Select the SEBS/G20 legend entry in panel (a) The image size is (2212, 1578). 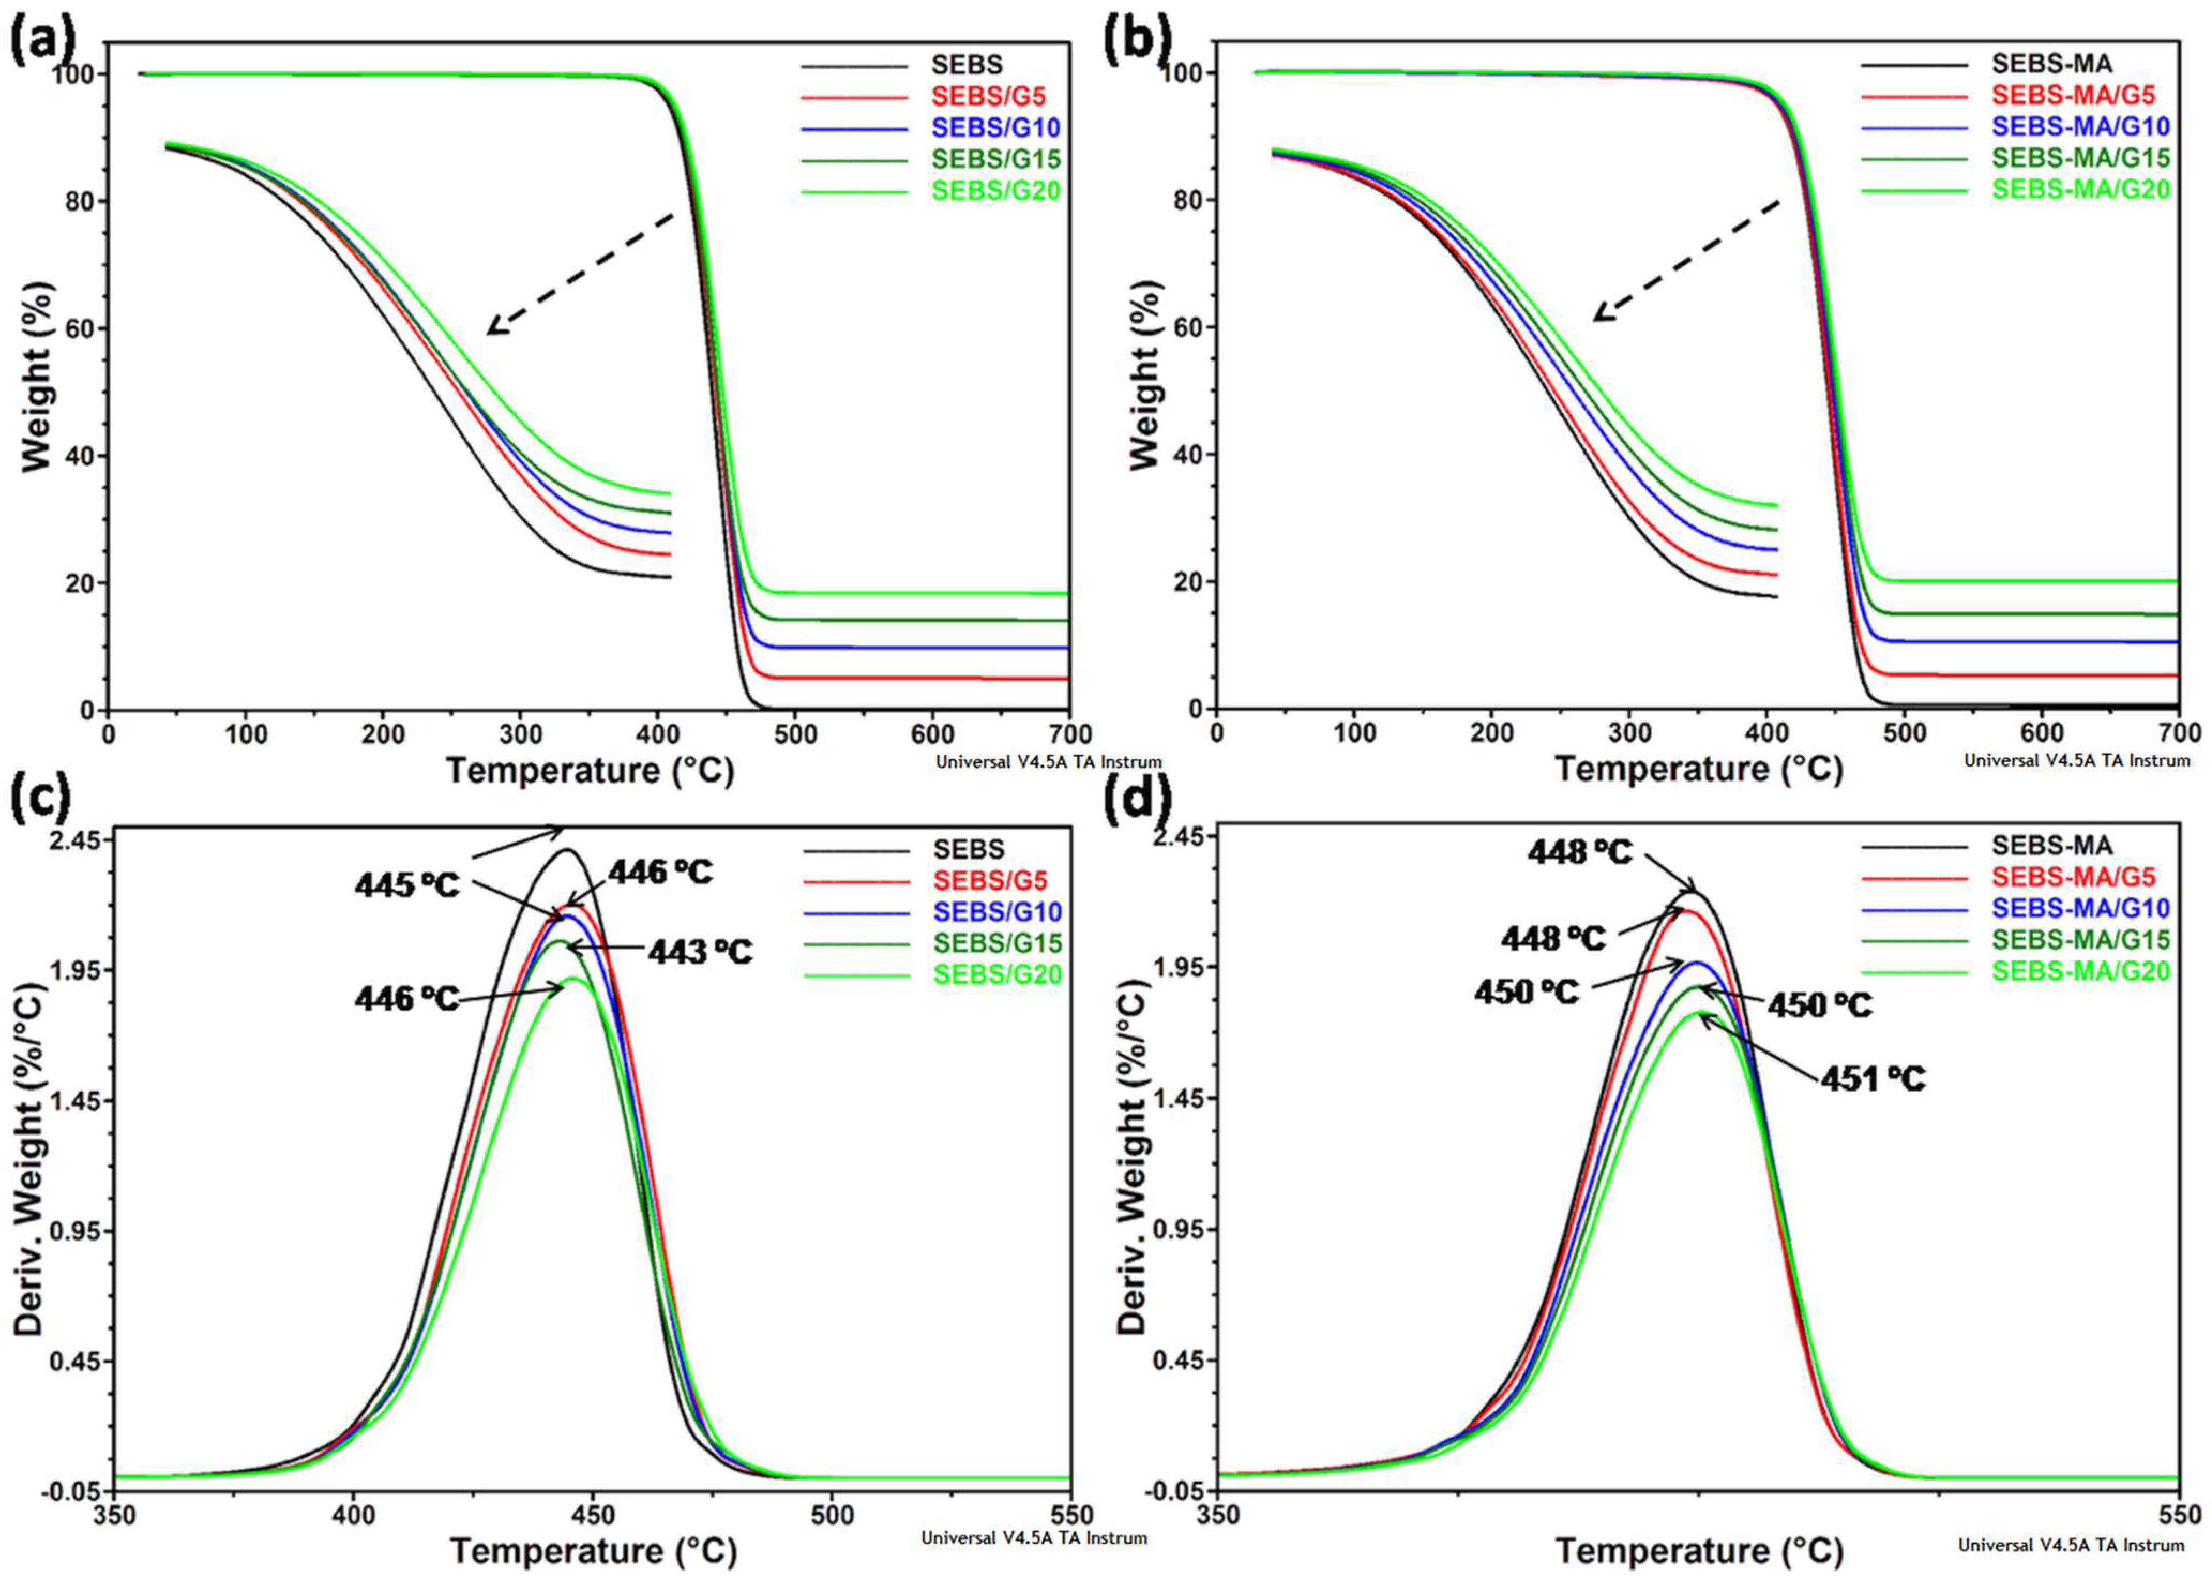point(996,191)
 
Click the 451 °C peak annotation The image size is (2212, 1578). point(1873,1079)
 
